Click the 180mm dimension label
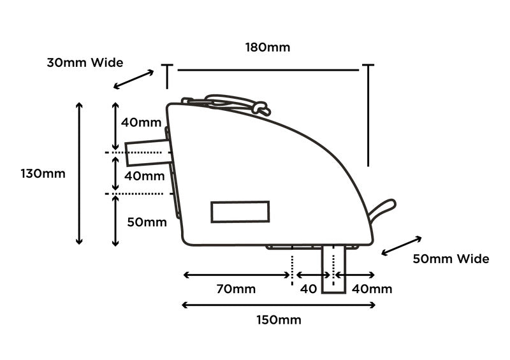tap(267, 47)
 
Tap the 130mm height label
tap(43, 173)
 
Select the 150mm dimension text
tap(279, 319)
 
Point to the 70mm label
tap(236, 289)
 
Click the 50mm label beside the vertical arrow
tap(147, 222)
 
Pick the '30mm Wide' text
tap(85, 62)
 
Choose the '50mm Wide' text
tap(451, 259)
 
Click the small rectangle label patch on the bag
tap(240, 212)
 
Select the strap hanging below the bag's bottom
tap(333, 268)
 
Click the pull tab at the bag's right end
tap(382, 208)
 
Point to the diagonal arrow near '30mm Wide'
tap(133, 80)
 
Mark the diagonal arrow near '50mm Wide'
tap(402, 246)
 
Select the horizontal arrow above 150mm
tap(279, 305)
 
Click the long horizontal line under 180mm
tap(268, 69)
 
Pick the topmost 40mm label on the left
tap(142, 122)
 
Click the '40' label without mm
tap(309, 289)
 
